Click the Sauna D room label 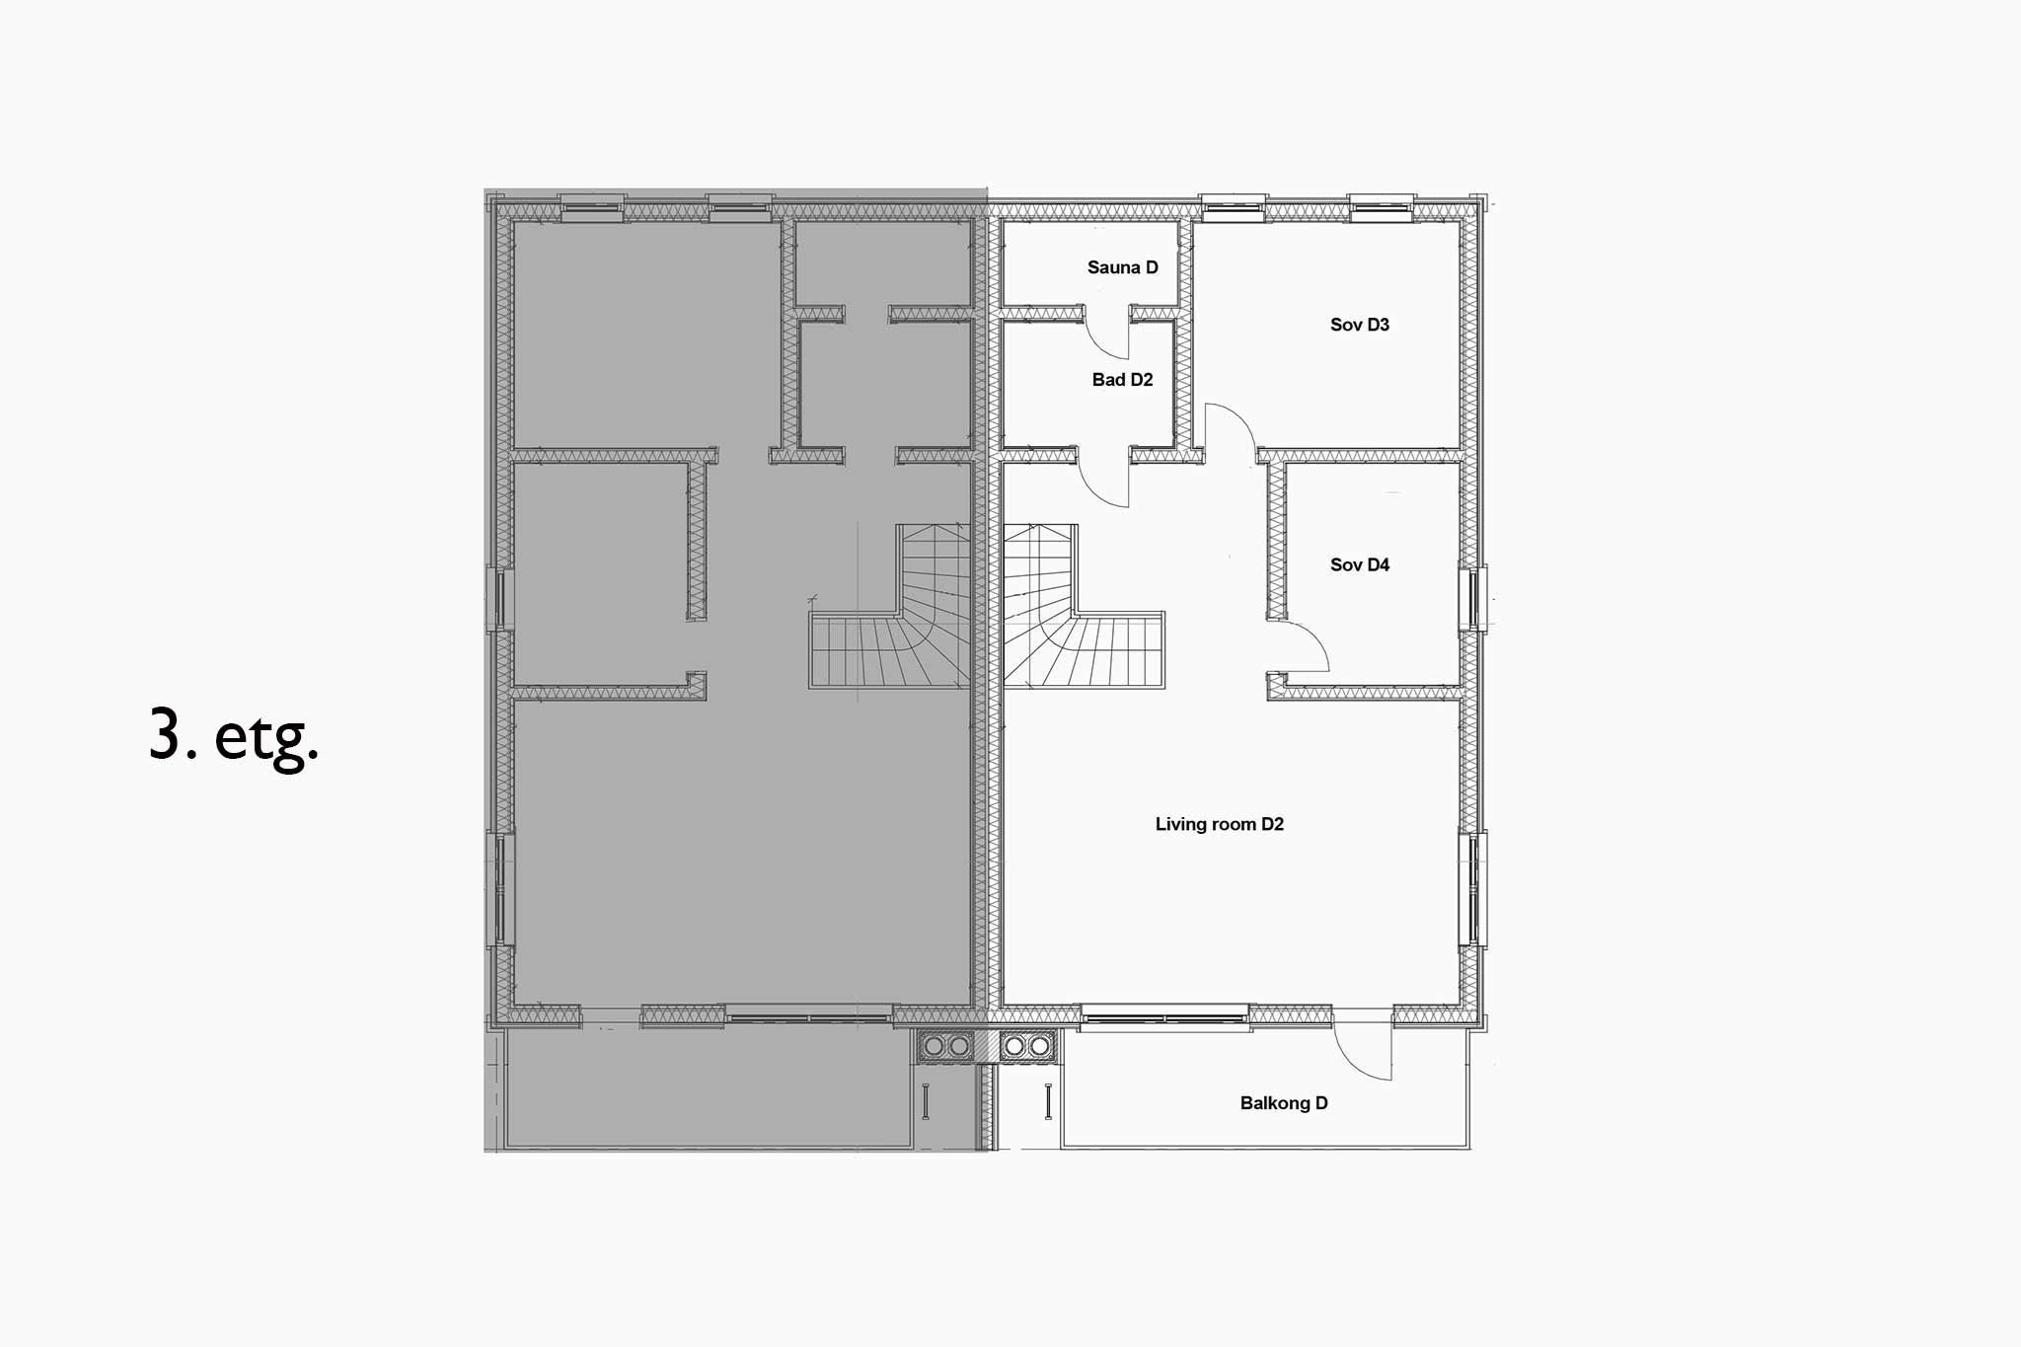1122,267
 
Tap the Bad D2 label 1122,380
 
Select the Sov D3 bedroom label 1359,325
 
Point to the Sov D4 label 1359,564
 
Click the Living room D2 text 1219,824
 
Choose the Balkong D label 1283,1103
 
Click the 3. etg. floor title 234,735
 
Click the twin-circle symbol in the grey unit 945,1045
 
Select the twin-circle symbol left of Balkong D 1026,1045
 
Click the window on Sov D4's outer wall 1473,598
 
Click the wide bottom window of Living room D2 1164,1016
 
